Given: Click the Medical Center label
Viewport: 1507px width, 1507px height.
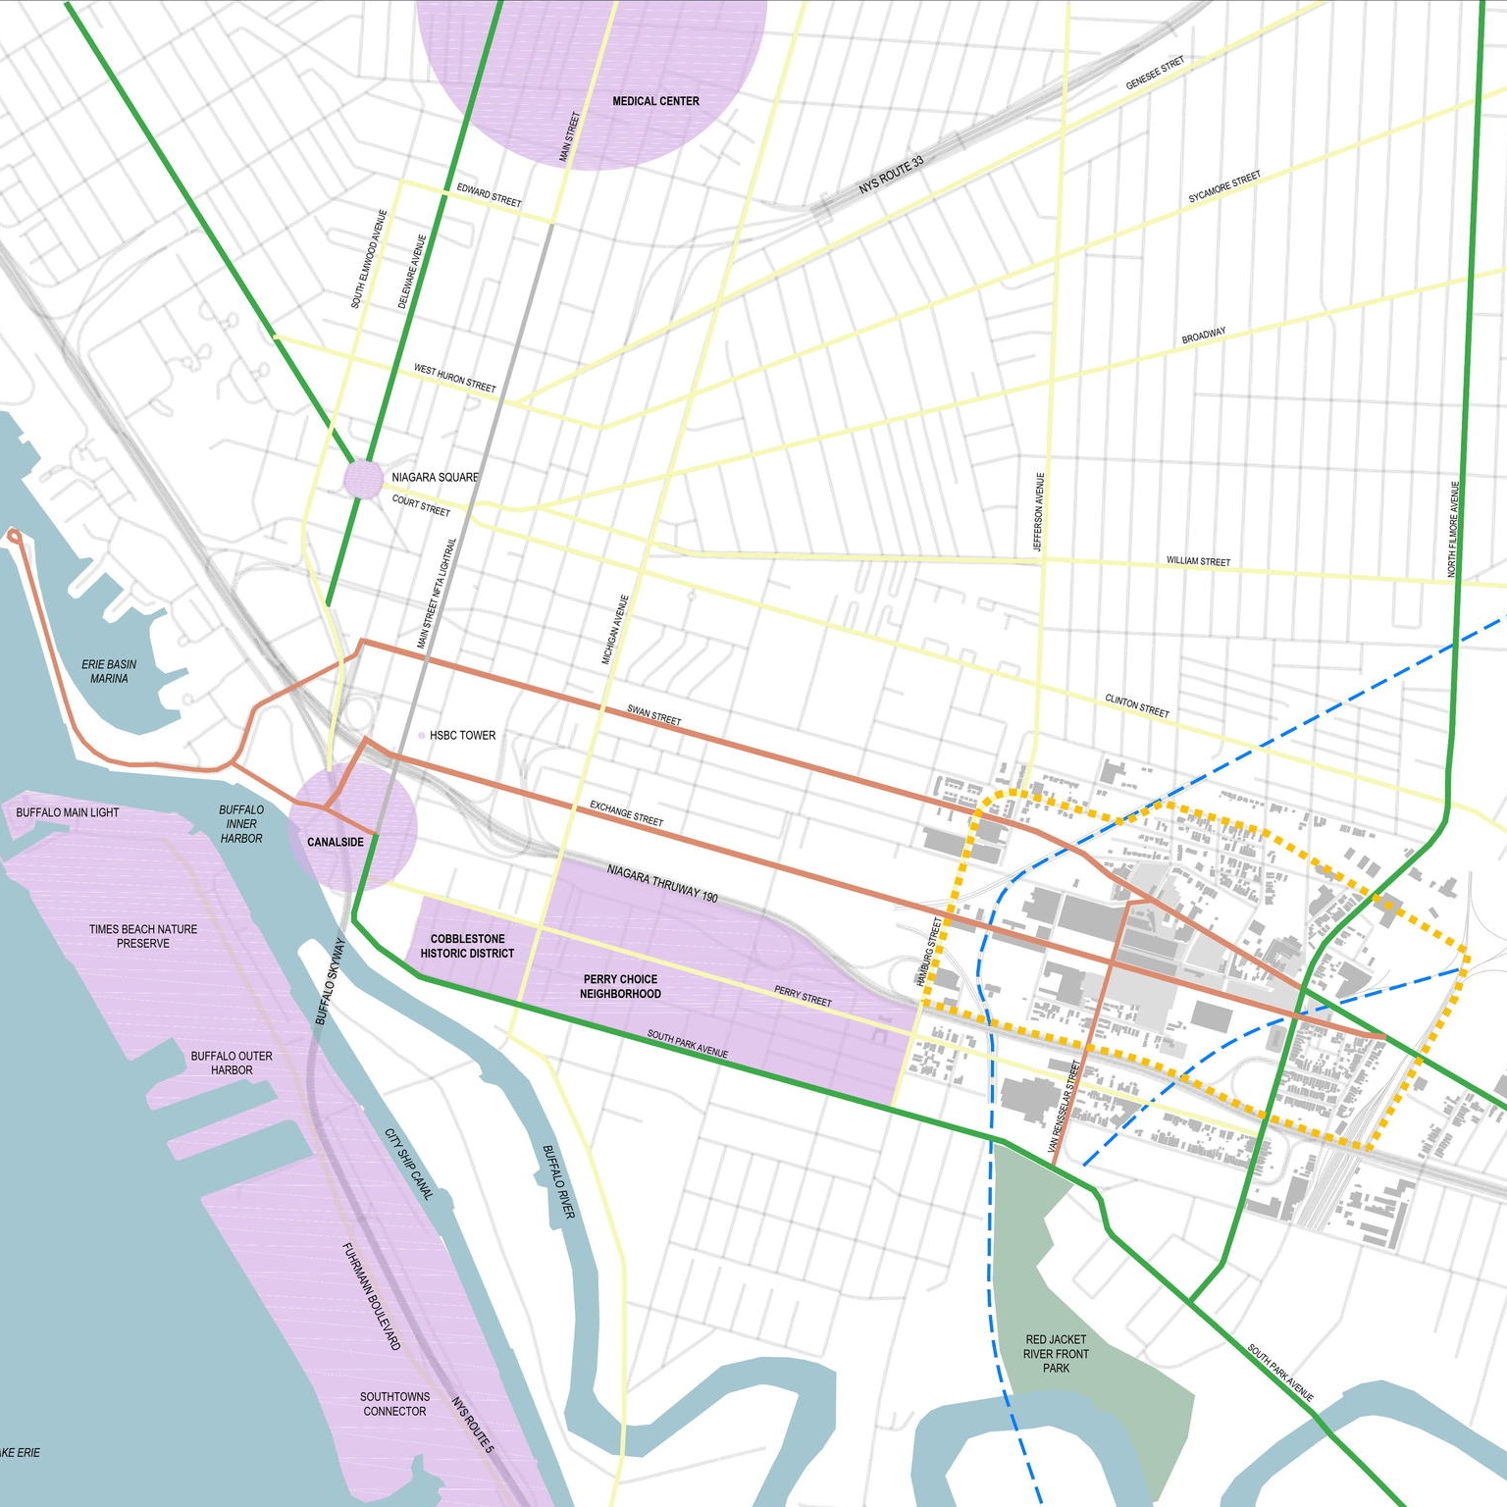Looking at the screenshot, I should [x=655, y=101].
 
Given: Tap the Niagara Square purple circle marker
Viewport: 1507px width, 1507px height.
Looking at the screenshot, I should [x=363, y=479].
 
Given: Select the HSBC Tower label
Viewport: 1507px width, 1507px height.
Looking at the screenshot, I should [x=462, y=735].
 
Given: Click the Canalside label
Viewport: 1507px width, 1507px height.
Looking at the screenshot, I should [x=336, y=842].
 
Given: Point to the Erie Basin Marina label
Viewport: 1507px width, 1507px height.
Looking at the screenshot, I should [x=109, y=671].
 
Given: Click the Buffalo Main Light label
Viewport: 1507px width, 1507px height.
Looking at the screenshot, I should [x=67, y=812].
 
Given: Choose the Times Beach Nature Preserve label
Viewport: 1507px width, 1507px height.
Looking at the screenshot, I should [x=143, y=936].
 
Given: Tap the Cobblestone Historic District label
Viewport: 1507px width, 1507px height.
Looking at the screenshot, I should [x=467, y=946].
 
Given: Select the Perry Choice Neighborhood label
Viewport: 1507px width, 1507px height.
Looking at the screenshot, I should [x=620, y=986].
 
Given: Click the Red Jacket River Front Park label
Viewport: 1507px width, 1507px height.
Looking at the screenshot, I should [x=1056, y=1353].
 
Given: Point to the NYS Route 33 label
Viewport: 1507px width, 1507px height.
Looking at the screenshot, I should [x=891, y=175].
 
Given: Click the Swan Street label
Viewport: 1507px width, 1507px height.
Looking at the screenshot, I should [x=653, y=715].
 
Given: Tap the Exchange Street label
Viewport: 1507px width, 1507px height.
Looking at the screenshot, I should [x=626, y=813].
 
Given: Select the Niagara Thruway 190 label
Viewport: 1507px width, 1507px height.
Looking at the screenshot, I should [x=662, y=883].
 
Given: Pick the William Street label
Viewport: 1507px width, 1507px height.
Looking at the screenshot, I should [x=1198, y=561].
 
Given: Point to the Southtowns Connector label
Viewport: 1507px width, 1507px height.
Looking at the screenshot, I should [x=394, y=1403].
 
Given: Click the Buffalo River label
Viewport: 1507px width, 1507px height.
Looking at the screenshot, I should [x=558, y=1181].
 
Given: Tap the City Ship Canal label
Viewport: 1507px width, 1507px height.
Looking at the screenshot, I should [x=407, y=1164].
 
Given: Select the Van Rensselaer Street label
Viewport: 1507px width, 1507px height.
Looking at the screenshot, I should [x=1064, y=1106].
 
